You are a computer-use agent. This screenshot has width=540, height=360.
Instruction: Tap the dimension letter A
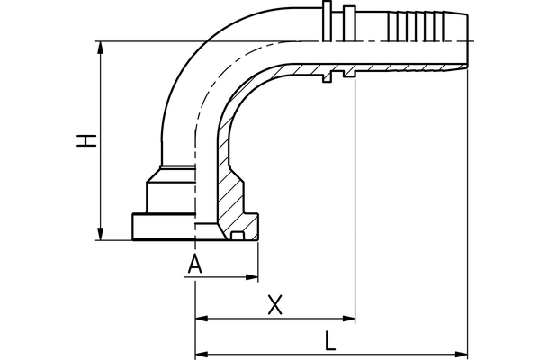[x=195, y=264]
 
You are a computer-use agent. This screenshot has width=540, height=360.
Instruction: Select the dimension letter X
[x=275, y=304]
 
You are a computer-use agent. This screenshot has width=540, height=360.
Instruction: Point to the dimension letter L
[x=330, y=339]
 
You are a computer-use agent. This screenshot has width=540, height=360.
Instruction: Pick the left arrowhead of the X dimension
[x=202, y=319]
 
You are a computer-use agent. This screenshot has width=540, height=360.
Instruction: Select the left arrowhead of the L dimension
[x=202, y=352]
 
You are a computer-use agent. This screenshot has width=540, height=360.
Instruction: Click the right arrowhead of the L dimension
[x=463, y=352]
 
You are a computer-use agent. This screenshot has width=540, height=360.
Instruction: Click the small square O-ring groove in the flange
[x=238, y=236]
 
